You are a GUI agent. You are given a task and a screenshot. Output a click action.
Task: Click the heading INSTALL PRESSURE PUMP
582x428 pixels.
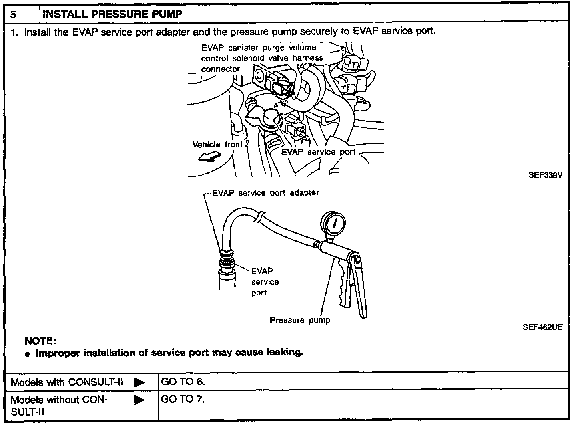tap(112, 14)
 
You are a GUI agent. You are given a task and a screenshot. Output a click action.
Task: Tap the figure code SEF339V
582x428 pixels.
tap(545, 175)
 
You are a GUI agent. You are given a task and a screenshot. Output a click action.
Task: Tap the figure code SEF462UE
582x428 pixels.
tap(542, 327)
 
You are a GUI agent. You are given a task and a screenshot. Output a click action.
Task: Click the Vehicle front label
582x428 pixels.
tap(217, 145)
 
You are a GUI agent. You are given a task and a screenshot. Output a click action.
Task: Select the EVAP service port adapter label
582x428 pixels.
tap(265, 193)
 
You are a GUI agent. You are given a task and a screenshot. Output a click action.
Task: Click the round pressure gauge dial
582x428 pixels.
tap(333, 222)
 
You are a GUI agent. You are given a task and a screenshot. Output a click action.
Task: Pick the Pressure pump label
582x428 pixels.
tap(300, 320)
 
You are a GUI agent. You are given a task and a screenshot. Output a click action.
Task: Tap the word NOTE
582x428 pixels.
tap(40, 341)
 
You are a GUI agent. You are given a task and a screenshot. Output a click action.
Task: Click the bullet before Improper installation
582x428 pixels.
tap(27, 354)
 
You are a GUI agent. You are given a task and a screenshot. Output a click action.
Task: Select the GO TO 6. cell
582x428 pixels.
tap(183, 382)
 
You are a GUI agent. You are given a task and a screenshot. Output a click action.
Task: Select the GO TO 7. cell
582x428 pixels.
tap(183, 399)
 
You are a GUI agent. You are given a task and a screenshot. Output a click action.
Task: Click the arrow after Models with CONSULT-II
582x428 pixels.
tap(139, 382)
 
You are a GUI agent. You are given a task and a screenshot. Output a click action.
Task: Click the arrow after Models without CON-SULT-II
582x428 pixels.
tap(139, 400)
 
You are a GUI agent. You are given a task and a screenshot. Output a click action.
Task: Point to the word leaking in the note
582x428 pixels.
tap(285, 353)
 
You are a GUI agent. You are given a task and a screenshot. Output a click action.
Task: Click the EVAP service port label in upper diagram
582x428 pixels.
tap(318, 152)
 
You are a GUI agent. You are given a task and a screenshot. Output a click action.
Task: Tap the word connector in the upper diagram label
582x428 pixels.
tap(221, 69)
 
